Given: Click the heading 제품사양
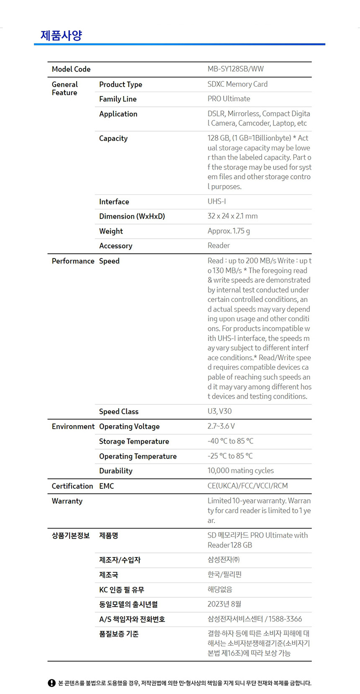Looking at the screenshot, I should click(61, 35).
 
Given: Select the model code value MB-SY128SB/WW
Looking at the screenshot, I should click(235, 69).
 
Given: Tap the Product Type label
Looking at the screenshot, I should click(121, 84).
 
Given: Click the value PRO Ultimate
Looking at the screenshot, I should click(229, 99).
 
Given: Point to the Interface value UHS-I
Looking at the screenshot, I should click(216, 201).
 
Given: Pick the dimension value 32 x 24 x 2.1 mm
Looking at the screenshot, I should click(232, 216).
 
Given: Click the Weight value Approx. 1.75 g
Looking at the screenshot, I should click(229, 231).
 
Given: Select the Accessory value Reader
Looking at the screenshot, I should click(219, 245).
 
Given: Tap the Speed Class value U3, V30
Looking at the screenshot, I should click(219, 411).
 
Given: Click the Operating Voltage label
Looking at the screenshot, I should click(129, 426).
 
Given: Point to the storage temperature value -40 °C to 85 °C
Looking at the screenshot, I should click(230, 441).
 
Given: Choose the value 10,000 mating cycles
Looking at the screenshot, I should click(240, 471).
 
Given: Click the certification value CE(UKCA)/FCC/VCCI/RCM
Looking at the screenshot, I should click(247, 486).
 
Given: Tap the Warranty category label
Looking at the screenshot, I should click(67, 501).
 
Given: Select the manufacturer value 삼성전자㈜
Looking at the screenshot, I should click(224, 560).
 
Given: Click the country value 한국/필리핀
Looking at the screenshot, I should click(224, 575).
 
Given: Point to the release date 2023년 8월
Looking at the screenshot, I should click(224, 604).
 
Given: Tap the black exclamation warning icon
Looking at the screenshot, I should click(51, 683).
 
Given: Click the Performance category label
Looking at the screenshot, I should click(73, 261).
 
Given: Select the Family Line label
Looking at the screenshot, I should click(118, 99).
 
